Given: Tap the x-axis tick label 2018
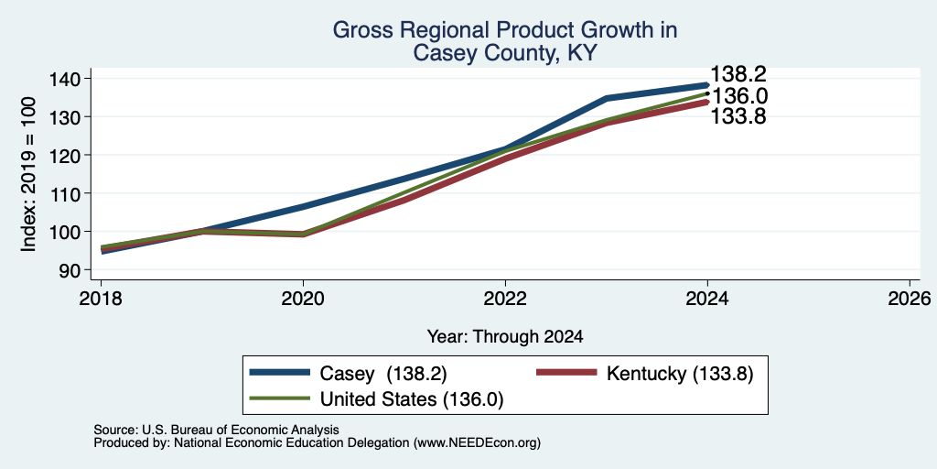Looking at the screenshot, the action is coord(101,298).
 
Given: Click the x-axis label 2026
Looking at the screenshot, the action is coord(910,298).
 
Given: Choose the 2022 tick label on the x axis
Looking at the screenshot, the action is coord(505,298).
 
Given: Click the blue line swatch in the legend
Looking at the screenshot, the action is coord(280,373).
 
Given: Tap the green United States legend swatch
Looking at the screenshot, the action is coord(280,398).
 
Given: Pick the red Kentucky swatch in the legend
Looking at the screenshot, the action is coord(566,373).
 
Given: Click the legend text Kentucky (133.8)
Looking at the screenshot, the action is coord(680,374).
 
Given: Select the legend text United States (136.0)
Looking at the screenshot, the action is coord(412,399).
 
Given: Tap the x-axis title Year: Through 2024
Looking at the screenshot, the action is coord(505,337).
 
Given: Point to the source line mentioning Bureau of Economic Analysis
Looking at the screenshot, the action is coord(216,430).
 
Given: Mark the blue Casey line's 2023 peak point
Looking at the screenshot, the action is coord(607,97).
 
